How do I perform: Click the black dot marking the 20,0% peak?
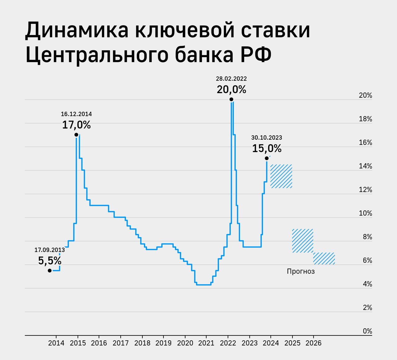pos(231,99)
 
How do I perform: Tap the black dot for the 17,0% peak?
pos(76,135)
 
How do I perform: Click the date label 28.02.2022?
pos(231,79)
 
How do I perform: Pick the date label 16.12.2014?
pos(76,114)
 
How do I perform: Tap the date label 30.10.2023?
pos(267,137)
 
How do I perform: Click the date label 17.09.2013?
pos(50,250)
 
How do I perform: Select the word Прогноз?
pos(301,272)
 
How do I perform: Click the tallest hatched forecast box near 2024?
pos(281,176)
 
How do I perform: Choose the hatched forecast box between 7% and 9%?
pos(302,241)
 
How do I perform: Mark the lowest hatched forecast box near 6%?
pos(324,259)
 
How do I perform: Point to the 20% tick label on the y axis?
pos(365,96)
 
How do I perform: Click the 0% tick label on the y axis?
pos(367,331)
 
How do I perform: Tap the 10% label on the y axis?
pos(365,213)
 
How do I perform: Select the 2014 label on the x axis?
pos(56,343)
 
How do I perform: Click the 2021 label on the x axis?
pos(206,343)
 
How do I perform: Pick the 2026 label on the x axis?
pos(314,343)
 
